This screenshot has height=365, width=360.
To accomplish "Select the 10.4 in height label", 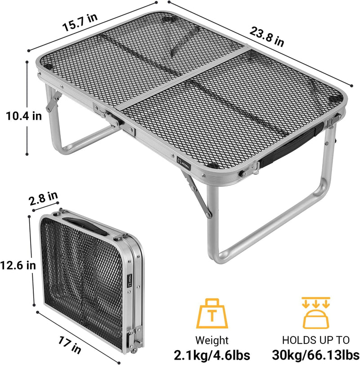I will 23,116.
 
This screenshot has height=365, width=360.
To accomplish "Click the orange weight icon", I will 212,311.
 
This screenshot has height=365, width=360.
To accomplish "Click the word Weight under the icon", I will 212,340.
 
